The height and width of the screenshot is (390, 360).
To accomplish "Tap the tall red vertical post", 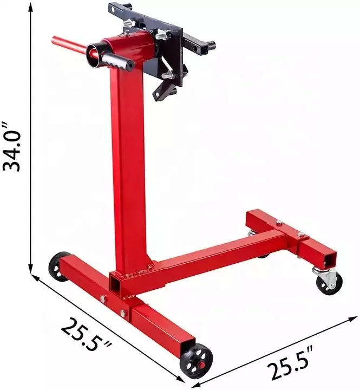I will pyautogui.click(x=129, y=162).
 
